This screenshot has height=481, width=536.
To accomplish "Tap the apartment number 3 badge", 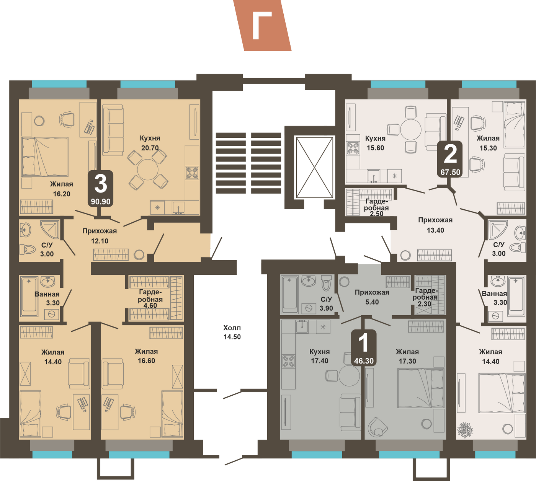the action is point(100,188).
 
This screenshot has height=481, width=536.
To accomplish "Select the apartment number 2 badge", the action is point(450,159).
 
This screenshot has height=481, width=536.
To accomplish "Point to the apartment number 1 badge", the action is point(364,347).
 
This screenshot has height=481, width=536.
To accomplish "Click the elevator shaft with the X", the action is point(315,167).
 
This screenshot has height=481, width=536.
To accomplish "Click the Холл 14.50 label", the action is point(232,333).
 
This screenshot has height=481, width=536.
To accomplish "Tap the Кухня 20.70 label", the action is point(150,143).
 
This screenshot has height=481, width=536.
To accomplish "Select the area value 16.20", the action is point(62,194).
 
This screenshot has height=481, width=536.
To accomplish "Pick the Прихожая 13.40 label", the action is point(435,225).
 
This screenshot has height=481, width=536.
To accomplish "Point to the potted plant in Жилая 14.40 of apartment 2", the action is point(465,429).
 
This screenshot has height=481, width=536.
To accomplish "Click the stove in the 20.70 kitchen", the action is point(192,173).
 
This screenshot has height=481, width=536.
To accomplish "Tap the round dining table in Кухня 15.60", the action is point(410,130).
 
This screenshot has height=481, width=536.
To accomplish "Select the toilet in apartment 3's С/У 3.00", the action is point(28,249).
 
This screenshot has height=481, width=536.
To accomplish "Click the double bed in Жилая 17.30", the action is point(421,388).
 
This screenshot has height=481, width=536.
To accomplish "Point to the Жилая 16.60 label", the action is point(146,356).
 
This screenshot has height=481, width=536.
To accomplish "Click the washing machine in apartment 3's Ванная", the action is point(52,314).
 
